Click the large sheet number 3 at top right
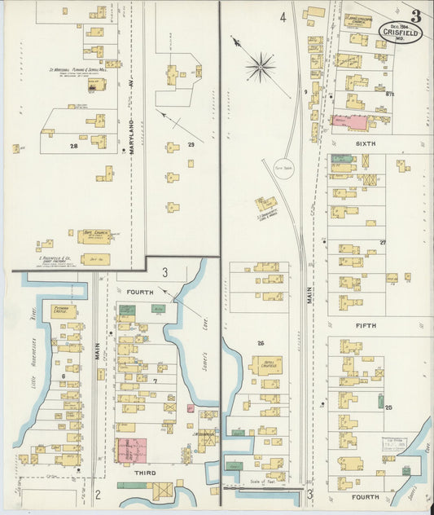(x=416, y=15)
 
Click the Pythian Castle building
(x=64, y=311)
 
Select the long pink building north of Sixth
(x=350, y=123)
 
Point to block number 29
(x=191, y=144)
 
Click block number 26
(x=261, y=343)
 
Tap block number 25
(x=388, y=407)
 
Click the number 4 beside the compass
(x=283, y=16)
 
